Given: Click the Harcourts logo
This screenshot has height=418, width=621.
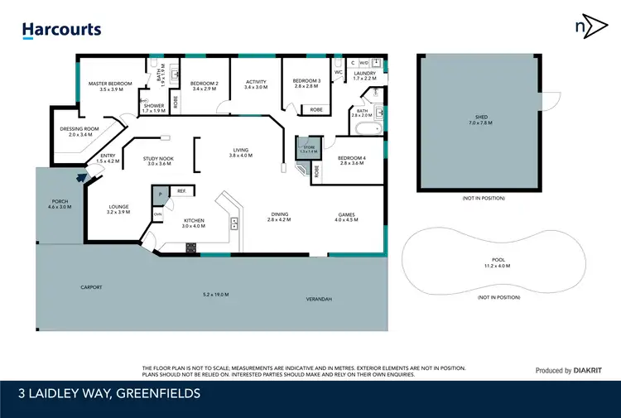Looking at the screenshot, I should pos(61,30).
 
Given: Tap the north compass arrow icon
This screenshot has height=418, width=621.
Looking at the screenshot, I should pos(586,26).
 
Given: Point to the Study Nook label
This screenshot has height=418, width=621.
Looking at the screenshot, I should pos(157,161).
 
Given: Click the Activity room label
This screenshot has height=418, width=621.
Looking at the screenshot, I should pos(256,84).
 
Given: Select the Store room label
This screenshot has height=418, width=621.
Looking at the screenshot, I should pos(308,147).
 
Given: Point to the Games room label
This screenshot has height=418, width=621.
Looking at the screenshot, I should pos(346,216).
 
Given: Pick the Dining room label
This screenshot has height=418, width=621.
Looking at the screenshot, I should pos(281,216).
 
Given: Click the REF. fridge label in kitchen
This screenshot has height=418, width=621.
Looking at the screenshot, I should pos(181,191).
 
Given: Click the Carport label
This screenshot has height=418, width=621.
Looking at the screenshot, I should pos(91,287).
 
